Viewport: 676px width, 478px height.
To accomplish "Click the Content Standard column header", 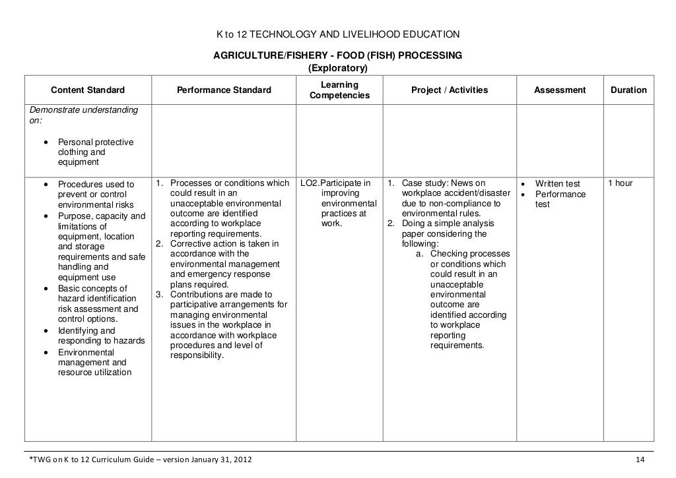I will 88,90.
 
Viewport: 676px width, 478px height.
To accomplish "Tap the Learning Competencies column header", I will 339,90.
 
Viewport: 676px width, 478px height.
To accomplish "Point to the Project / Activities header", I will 449,90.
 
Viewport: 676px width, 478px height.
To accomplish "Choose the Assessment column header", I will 560,90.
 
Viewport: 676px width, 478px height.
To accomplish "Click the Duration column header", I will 628,90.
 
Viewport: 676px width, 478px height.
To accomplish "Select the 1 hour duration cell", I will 620,183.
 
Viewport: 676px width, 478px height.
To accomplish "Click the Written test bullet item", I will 557,183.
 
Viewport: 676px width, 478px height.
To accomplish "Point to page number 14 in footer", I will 638,459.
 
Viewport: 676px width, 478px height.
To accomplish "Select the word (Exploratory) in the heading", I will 337,69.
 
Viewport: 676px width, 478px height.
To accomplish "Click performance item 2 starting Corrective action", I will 224,244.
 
